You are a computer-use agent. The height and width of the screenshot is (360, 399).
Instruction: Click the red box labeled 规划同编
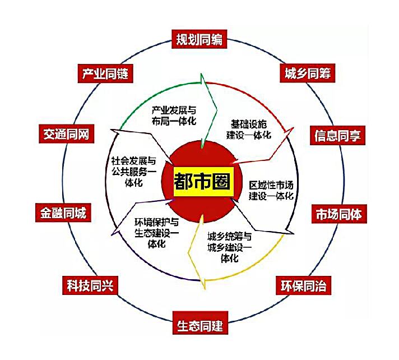point(199,40)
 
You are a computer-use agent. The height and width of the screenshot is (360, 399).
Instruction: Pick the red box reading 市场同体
point(339,214)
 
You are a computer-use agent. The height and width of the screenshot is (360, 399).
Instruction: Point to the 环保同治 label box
point(303,285)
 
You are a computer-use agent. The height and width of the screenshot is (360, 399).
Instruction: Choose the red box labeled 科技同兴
point(87,285)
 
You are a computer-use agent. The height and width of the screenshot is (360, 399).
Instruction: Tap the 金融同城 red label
point(63,214)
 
